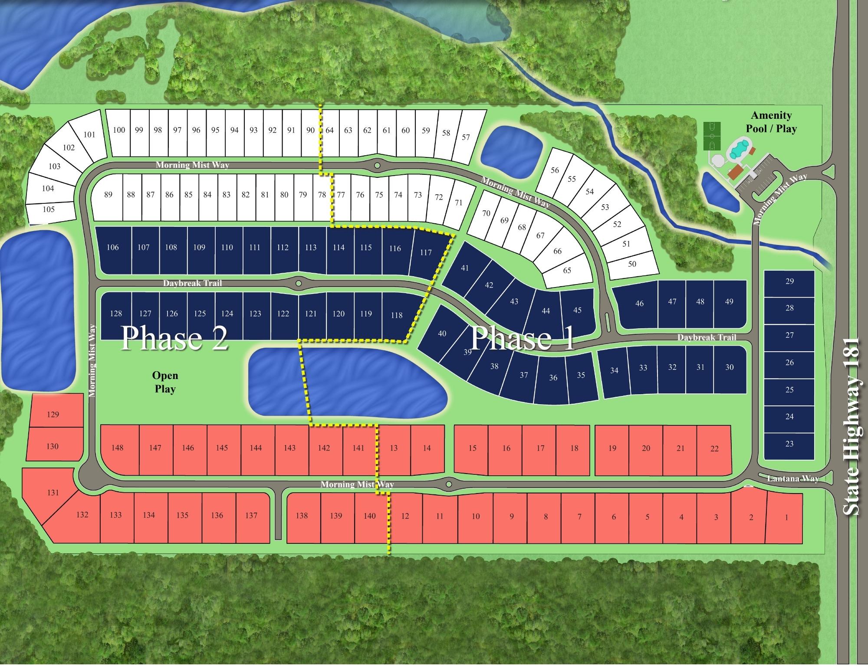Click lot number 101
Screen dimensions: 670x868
click(89, 134)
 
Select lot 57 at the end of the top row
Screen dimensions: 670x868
click(466, 137)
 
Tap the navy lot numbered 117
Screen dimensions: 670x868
click(426, 252)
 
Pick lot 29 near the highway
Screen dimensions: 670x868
click(789, 281)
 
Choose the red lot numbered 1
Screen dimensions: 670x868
click(786, 517)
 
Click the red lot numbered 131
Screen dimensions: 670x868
click(53, 492)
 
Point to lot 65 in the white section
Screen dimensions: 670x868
click(567, 270)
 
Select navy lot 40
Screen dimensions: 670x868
click(442, 333)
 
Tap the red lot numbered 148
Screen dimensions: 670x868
click(117, 448)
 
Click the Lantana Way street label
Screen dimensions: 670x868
click(792, 479)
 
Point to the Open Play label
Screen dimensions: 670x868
click(165, 382)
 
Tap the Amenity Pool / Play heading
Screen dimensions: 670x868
click(771, 122)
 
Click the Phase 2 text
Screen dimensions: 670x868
click(174, 338)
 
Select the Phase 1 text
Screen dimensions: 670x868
click(522, 338)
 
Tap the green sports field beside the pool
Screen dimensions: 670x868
click(711, 136)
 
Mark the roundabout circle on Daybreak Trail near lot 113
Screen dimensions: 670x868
click(298, 284)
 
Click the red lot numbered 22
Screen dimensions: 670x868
click(714, 449)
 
